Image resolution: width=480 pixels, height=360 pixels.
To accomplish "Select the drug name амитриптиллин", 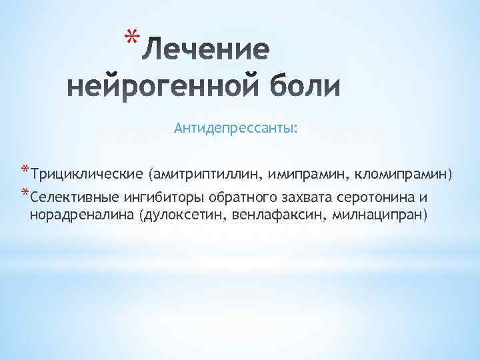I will [x=208, y=175].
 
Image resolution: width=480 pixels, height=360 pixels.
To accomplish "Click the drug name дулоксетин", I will [x=181, y=216].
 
